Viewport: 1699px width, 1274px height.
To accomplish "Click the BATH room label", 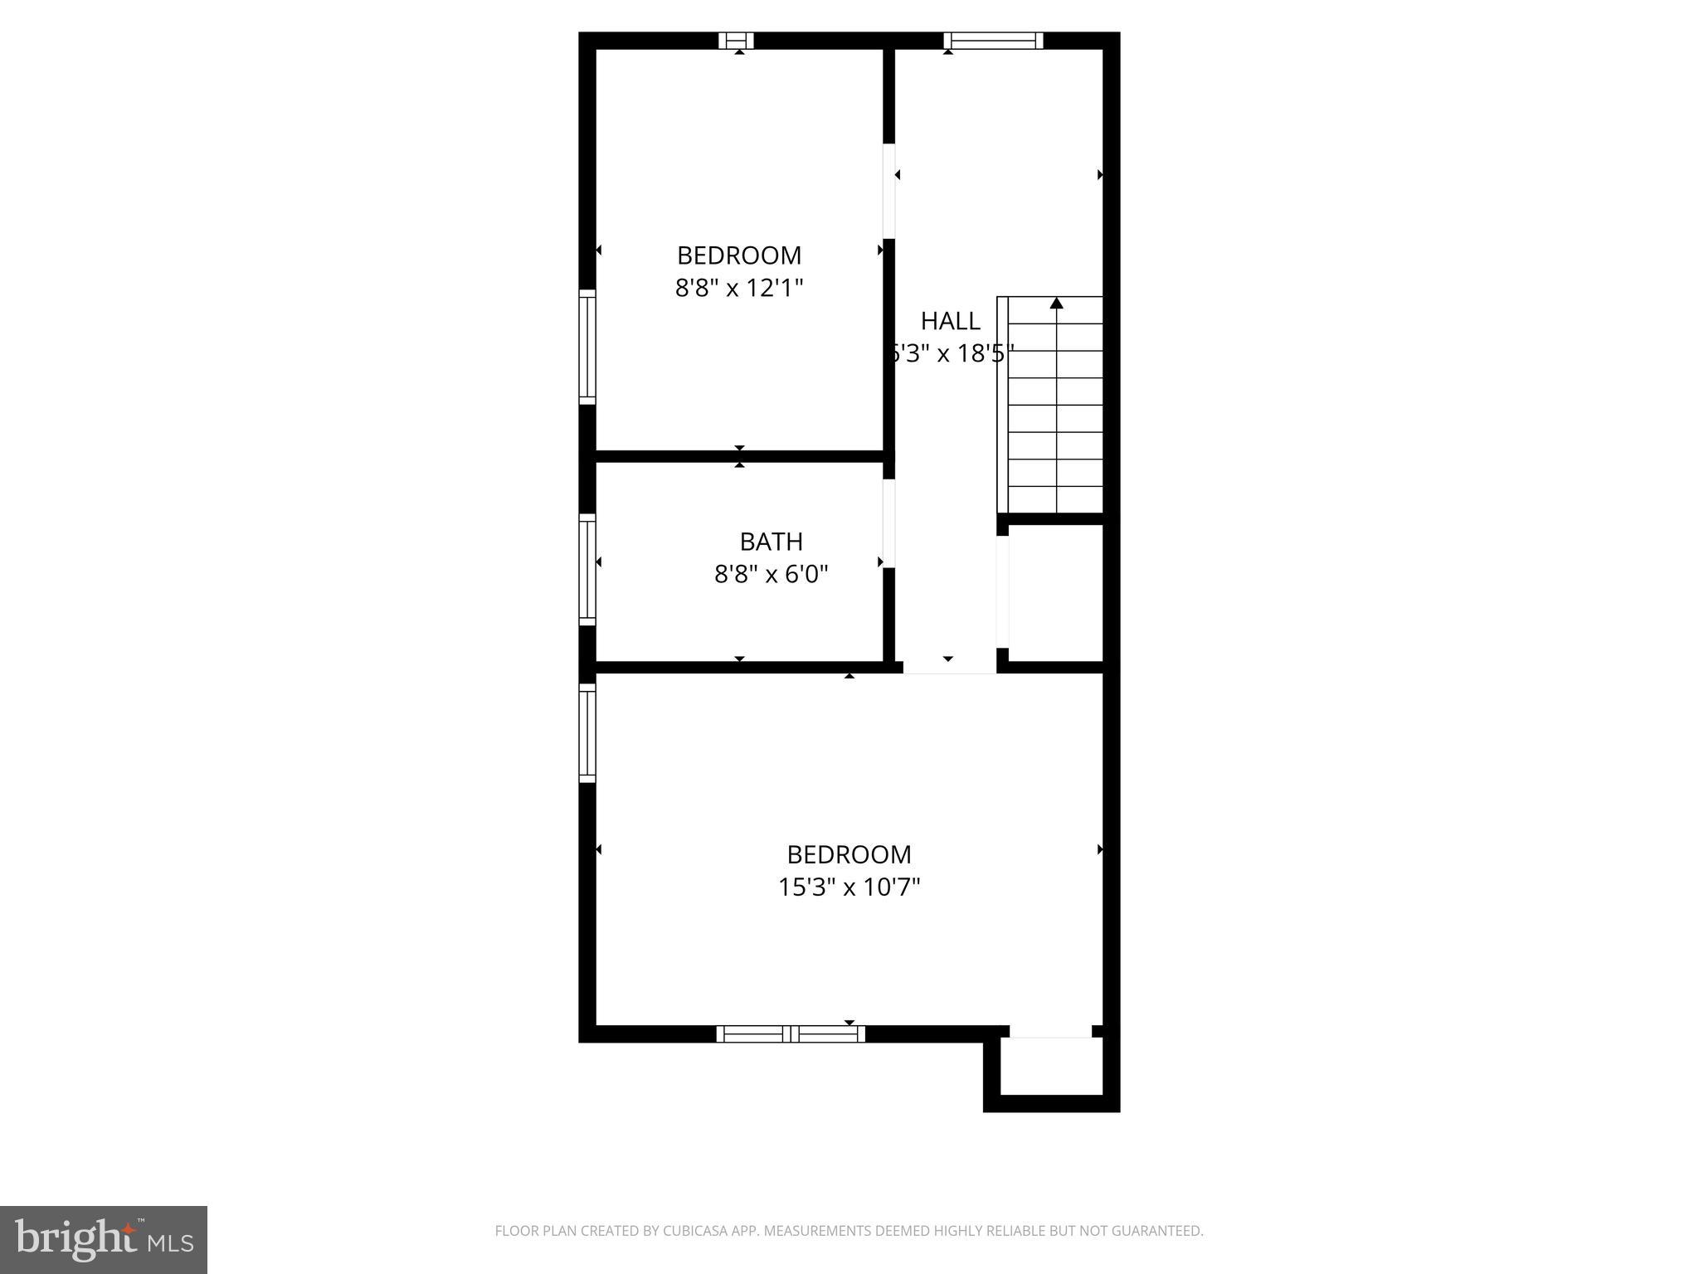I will [x=771, y=542].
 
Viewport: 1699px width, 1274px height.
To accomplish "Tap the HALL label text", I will [x=950, y=321].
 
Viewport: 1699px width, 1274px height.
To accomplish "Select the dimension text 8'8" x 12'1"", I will [x=739, y=288].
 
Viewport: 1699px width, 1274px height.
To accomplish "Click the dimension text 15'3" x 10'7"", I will [x=849, y=887].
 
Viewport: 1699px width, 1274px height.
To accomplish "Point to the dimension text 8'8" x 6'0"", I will [x=771, y=574].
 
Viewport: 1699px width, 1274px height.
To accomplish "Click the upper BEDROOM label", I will [x=739, y=255].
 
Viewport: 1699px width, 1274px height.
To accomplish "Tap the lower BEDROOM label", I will [x=849, y=854].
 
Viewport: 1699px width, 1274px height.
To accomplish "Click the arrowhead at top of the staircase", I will [x=1056, y=304].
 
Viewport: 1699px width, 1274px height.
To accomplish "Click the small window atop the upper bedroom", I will [x=736, y=41].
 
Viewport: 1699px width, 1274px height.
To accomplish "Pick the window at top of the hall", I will [x=993, y=41].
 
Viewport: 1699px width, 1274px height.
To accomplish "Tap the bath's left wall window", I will [x=587, y=569].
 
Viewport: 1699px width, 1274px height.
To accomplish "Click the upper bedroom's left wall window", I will [x=587, y=347].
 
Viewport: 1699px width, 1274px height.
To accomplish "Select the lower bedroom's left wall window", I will [x=587, y=732].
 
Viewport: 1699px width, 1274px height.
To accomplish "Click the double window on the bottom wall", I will [x=791, y=1033].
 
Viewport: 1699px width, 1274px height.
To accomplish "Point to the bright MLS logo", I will [x=103, y=1239].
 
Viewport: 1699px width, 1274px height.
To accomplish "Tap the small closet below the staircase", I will [x=1054, y=593].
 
